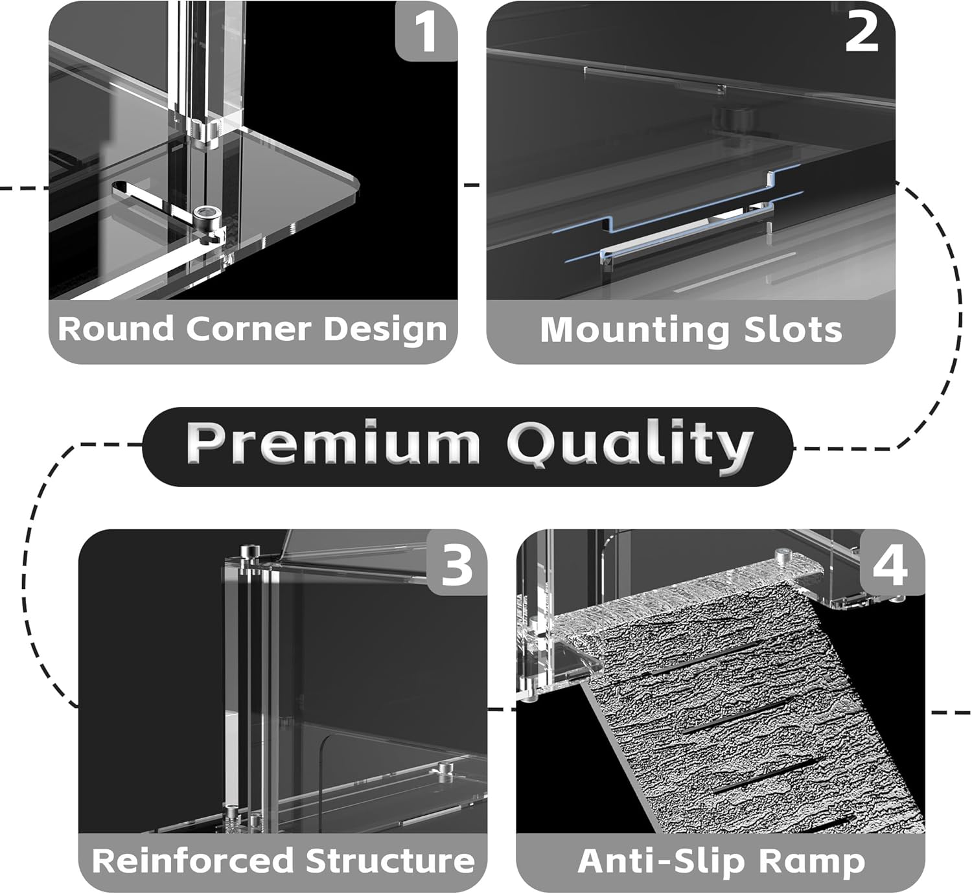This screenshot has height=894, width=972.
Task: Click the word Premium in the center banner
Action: [332, 444]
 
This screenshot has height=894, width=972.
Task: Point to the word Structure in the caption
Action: [390, 861]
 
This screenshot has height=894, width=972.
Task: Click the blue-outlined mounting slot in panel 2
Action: [687, 220]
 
